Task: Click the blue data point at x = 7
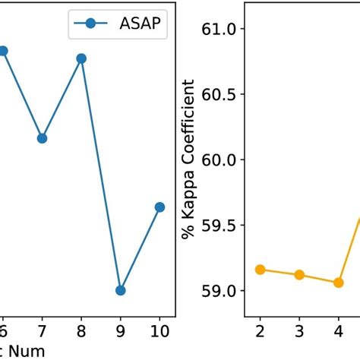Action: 43,138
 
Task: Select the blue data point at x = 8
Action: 81,58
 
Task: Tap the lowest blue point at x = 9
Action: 121,290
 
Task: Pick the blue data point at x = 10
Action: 159,207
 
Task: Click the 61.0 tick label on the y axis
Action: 221,29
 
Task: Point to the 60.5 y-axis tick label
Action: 221,94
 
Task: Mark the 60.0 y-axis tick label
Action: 221,159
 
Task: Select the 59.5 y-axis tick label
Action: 221,225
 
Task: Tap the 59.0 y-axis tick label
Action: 221,290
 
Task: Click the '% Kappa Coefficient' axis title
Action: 189,159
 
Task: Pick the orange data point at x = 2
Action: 260,270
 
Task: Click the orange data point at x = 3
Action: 299,275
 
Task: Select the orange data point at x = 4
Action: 338,283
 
